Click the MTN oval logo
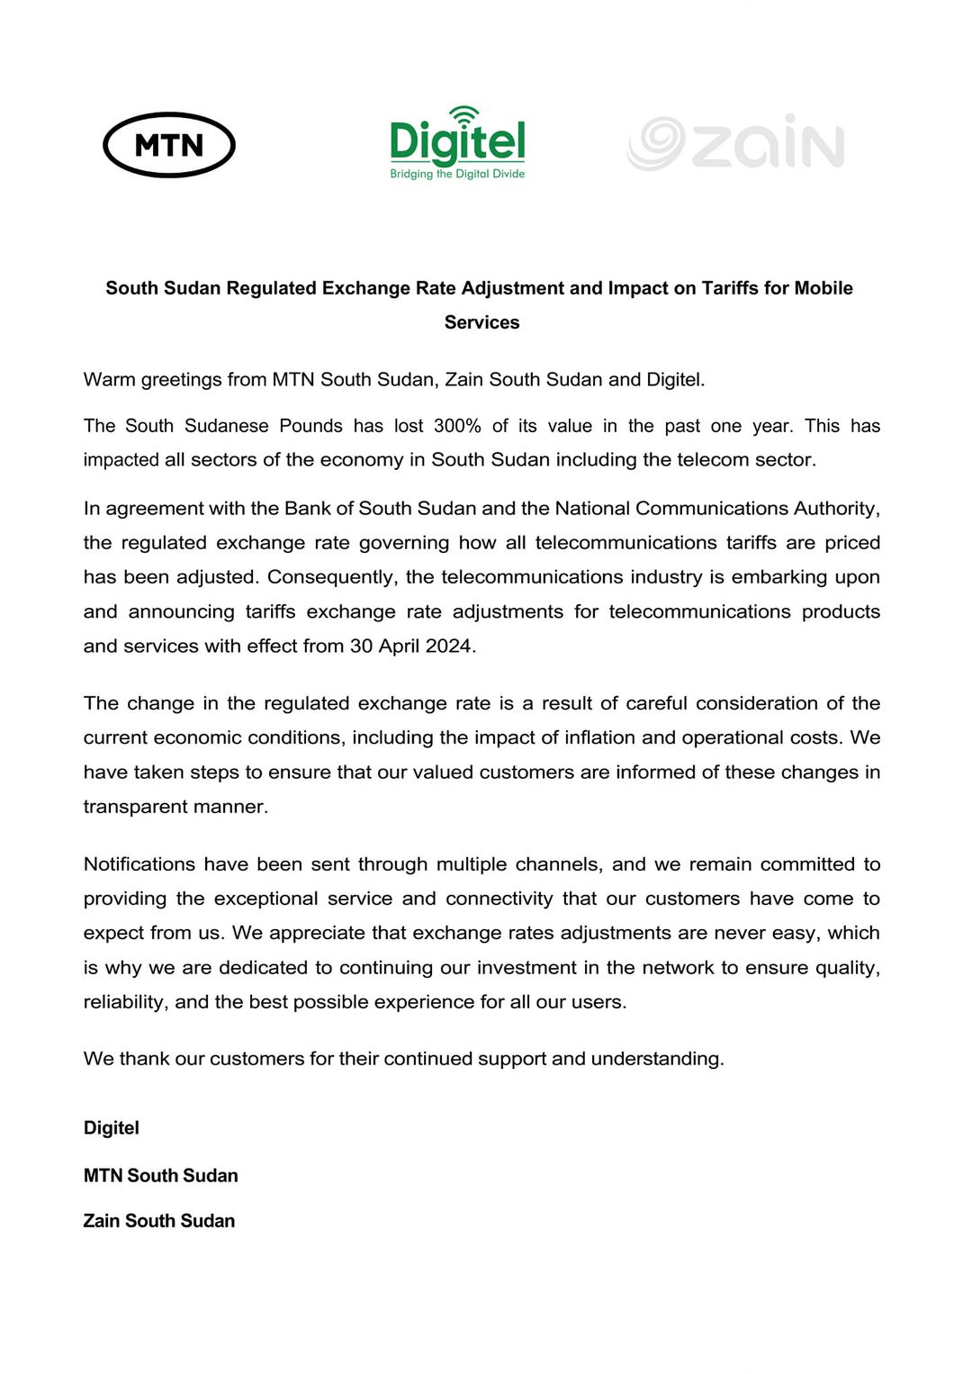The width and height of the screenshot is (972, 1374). click(169, 145)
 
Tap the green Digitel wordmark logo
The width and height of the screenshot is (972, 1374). click(457, 142)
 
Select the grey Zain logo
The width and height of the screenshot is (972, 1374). click(736, 143)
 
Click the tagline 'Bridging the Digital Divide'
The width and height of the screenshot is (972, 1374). click(457, 174)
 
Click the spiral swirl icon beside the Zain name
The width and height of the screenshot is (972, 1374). click(656, 143)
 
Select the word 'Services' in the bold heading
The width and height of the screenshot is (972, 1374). click(481, 322)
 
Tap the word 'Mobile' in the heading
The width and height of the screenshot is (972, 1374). click(823, 288)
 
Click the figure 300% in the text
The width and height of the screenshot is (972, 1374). click(457, 426)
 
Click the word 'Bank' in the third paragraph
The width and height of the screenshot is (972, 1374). click(308, 509)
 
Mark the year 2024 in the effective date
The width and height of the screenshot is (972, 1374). click(449, 646)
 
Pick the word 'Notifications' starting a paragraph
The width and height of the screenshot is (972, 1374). click(139, 864)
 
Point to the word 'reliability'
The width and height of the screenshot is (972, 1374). click(123, 1002)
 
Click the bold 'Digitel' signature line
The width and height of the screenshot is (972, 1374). click(112, 1128)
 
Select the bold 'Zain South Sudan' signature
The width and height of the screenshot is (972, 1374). click(159, 1221)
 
